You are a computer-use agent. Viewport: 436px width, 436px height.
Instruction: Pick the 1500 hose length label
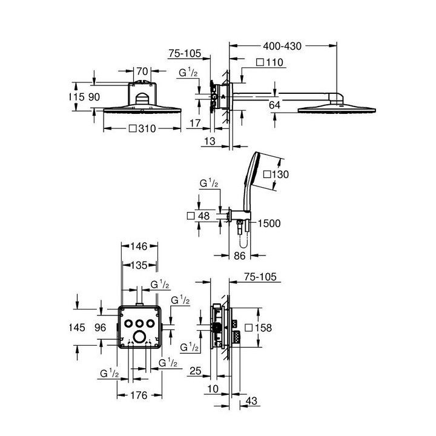pos(269,223)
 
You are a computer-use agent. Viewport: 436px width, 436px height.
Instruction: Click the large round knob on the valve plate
pos(140,337)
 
